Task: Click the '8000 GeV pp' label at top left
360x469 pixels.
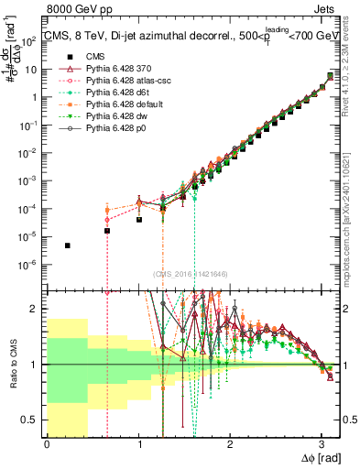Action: [x=74, y=10]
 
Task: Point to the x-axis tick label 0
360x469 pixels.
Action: [x=47, y=444]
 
